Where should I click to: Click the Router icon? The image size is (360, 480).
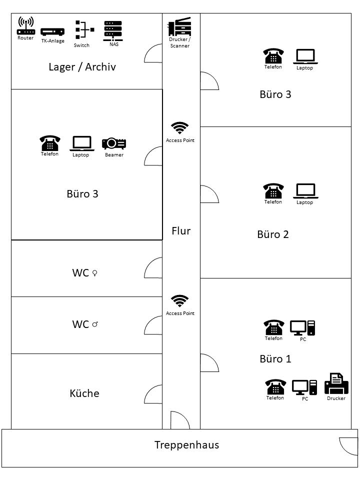(x=25, y=26)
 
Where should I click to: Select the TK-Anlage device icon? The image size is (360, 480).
(x=52, y=32)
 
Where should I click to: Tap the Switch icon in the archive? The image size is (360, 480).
(x=82, y=30)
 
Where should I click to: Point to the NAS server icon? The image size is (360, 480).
(x=113, y=30)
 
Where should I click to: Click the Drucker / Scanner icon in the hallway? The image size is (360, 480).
(x=179, y=26)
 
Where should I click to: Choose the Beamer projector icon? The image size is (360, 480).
(x=114, y=143)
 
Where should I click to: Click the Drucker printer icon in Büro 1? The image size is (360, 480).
(x=336, y=384)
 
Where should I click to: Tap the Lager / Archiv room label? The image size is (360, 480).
(x=82, y=67)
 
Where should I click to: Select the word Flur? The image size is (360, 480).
(x=181, y=231)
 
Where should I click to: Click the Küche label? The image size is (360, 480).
(x=84, y=393)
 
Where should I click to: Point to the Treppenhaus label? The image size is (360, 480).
(x=186, y=445)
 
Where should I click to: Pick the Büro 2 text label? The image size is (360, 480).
(x=273, y=234)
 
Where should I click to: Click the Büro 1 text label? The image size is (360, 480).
(x=275, y=359)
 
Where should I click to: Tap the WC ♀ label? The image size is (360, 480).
(x=84, y=273)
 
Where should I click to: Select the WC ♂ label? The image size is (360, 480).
(x=84, y=324)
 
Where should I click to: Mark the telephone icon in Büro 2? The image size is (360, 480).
(x=273, y=191)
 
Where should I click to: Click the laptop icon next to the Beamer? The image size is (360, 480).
(x=81, y=143)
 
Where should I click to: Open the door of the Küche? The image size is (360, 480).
(x=153, y=395)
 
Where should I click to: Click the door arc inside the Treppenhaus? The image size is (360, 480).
(x=348, y=446)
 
